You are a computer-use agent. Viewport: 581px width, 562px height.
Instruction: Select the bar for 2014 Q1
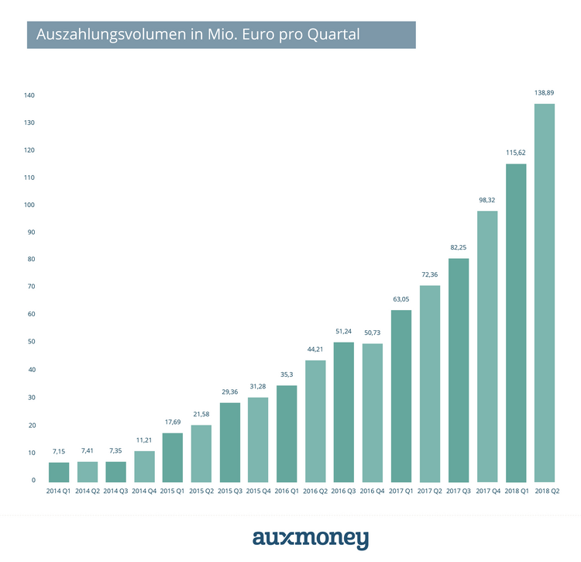click(59, 472)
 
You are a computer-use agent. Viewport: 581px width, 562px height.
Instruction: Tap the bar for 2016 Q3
click(345, 412)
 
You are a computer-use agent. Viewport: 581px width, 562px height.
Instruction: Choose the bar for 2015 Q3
click(230, 442)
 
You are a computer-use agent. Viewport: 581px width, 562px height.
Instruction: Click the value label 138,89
click(545, 92)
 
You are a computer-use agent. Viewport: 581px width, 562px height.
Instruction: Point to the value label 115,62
click(516, 153)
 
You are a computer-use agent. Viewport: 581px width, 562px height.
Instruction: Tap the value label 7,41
click(88, 450)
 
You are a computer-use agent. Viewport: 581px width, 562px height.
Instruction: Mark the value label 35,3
click(287, 374)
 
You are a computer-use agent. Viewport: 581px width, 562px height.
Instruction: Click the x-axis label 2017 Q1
click(401, 492)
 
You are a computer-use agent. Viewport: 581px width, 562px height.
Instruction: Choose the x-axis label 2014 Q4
click(145, 492)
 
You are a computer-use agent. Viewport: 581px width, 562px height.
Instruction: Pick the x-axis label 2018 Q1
click(516, 492)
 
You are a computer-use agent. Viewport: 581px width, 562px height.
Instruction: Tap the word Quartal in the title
click(333, 35)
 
